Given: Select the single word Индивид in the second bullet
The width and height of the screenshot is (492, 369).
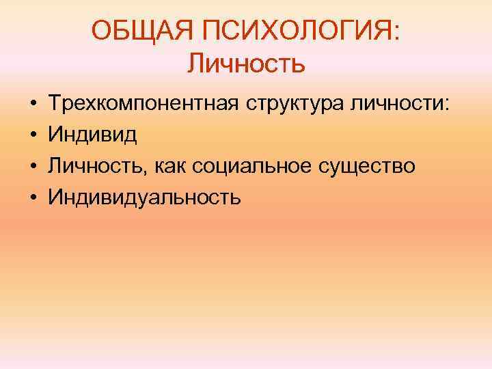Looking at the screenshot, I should (x=92, y=135).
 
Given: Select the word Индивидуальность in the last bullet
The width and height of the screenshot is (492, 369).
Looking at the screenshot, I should (x=144, y=197).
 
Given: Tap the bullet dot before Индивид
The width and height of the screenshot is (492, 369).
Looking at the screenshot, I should (x=33, y=135).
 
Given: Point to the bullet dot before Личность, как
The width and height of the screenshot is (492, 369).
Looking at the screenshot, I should (x=33, y=167).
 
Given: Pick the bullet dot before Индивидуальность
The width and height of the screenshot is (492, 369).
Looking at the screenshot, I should (x=33, y=197).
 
